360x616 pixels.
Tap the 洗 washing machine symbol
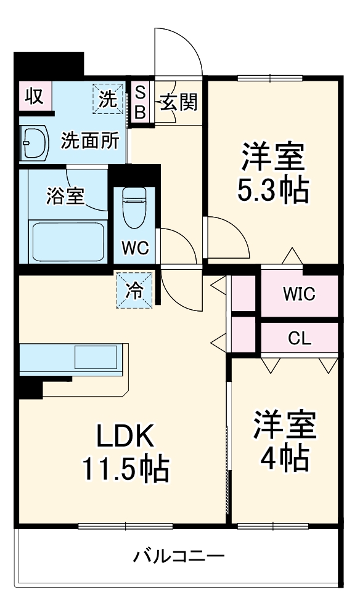[x=108, y=99]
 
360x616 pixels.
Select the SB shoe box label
[x=141, y=102]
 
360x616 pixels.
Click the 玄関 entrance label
[x=179, y=102]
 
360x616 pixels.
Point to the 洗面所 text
[x=90, y=141]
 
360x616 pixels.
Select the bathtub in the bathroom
[x=67, y=241]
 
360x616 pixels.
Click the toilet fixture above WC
[x=134, y=206]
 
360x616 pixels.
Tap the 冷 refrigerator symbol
[x=134, y=289]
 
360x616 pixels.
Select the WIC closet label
[x=299, y=294]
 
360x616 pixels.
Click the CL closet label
[x=300, y=338]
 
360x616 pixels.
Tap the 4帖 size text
[x=285, y=456]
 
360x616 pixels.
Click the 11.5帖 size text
[x=126, y=470]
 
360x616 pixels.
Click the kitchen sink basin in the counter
[x=96, y=357]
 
